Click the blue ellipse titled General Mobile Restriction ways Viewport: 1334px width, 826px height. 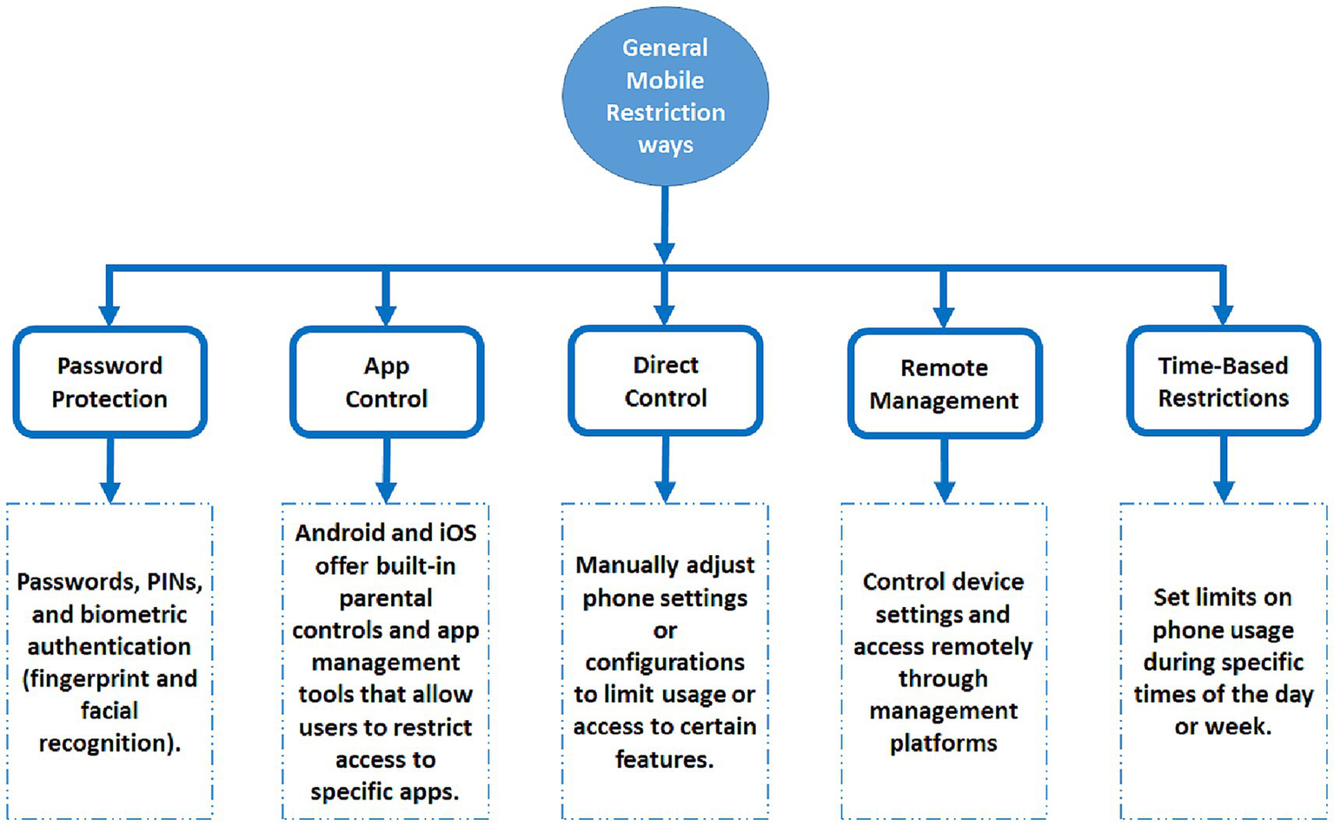coord(665,96)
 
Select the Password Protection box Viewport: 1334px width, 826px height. coord(110,382)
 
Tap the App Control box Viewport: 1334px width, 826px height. coord(387,382)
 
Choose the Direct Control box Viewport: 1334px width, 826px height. coord(666,381)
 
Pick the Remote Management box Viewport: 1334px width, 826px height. coord(945,384)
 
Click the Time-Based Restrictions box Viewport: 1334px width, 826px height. coord(1223,381)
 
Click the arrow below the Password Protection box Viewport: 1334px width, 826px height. coord(110,470)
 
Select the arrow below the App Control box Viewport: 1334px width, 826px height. coord(387,470)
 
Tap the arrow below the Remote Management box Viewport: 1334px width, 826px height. coord(945,470)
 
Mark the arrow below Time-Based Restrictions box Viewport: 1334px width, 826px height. coord(1224,469)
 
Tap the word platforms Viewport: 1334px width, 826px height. coord(943,743)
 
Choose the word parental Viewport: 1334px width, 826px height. coord(386,598)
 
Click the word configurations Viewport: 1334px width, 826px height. coord(665,663)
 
